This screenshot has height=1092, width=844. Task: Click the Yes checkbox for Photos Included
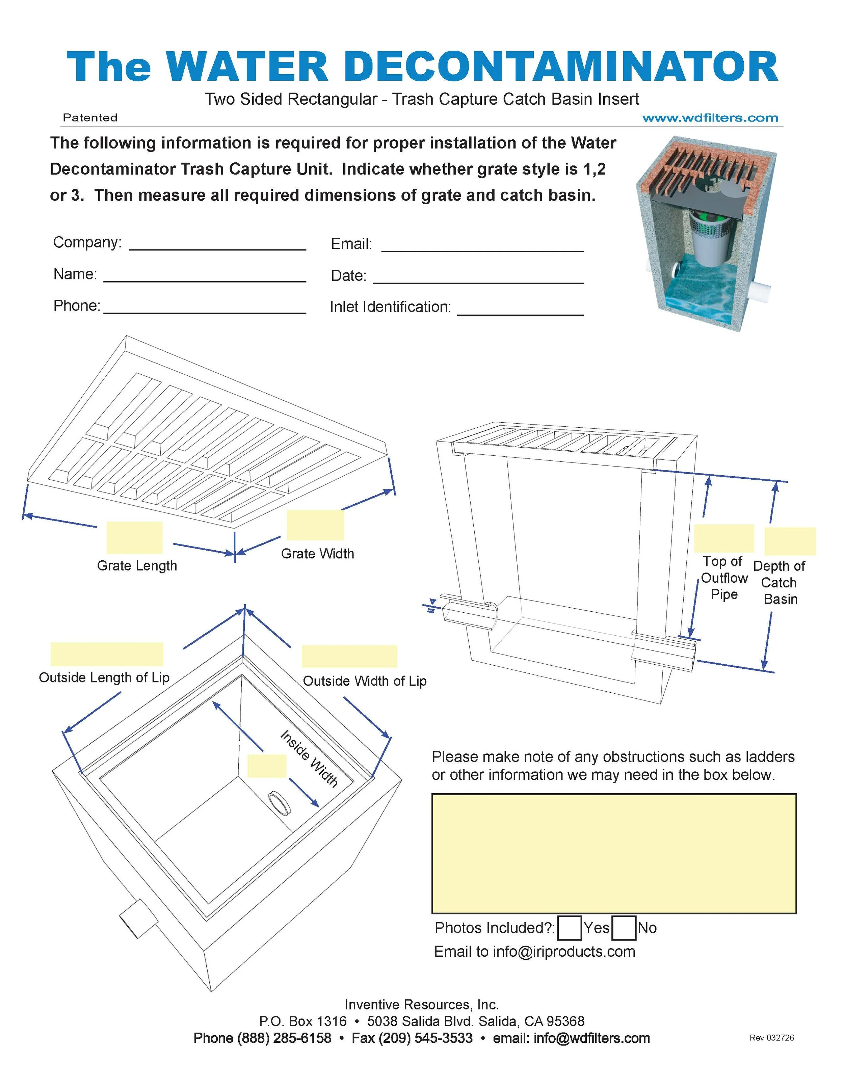pos(569,928)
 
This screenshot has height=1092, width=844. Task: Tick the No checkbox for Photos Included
pos(624,928)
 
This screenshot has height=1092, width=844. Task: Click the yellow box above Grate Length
pos(134,537)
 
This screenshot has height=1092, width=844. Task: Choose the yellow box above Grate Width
pos(315,525)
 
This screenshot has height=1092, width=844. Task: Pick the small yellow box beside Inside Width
pos(267,766)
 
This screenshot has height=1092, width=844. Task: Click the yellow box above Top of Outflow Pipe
pos(723,538)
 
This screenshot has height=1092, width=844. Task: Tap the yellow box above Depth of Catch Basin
pos(790,541)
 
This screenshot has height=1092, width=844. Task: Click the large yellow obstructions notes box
pos(613,853)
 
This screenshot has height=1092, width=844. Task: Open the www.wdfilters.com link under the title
pos(710,118)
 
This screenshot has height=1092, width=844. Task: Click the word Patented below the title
pos(90,117)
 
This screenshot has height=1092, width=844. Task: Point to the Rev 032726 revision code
pos(771,1038)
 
